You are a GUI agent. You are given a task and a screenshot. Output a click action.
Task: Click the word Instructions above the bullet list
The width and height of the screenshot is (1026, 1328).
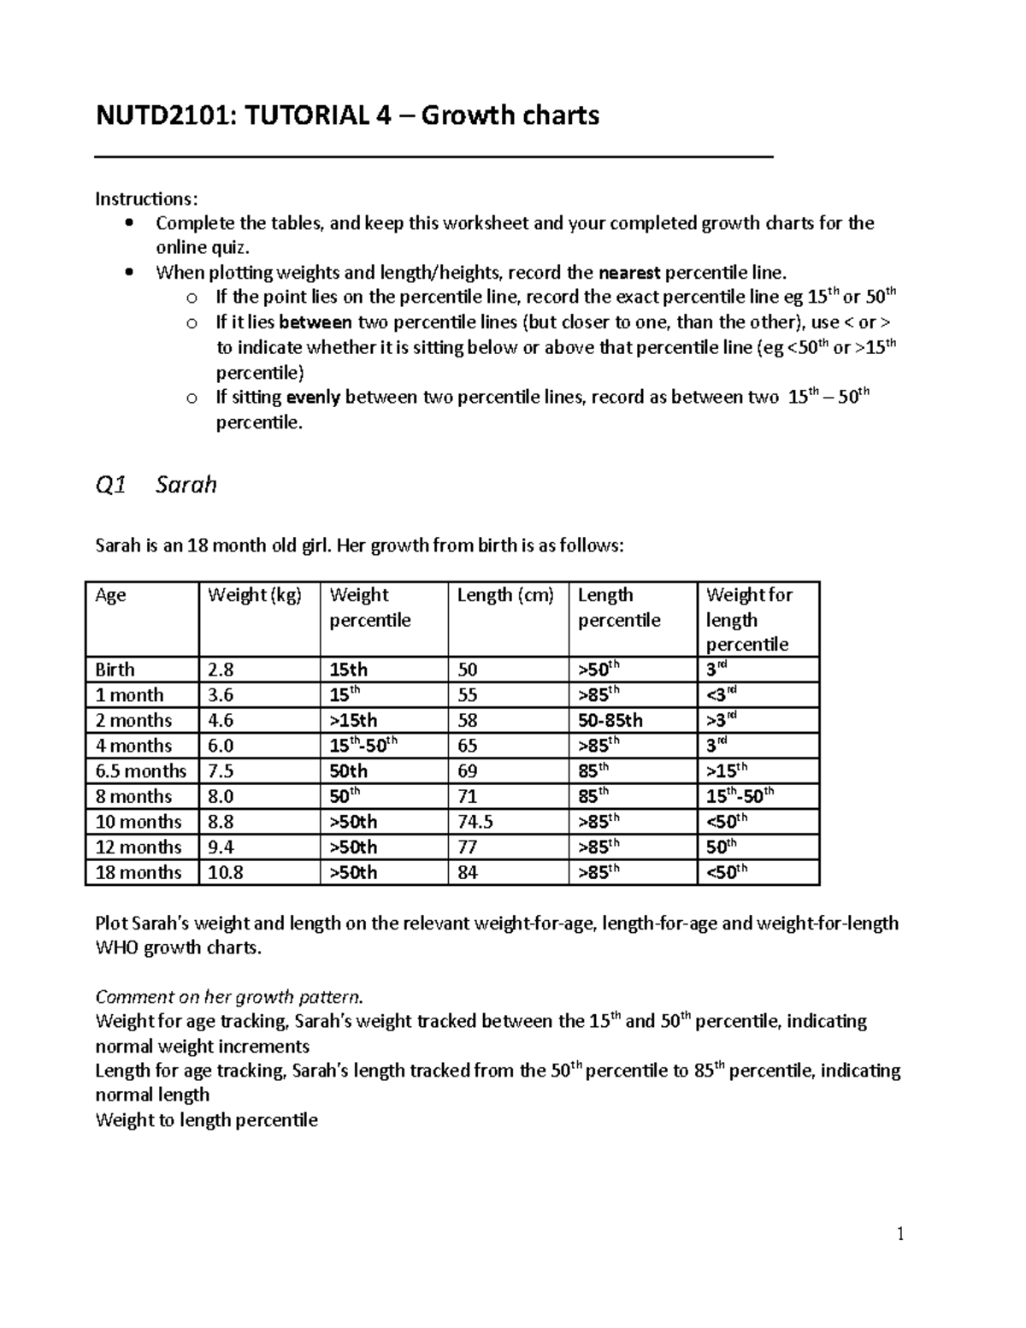click(x=145, y=199)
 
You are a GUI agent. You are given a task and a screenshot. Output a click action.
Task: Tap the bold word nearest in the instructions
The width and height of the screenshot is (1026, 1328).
click(x=629, y=273)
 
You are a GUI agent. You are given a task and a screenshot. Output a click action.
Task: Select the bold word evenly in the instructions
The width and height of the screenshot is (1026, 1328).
click(x=312, y=397)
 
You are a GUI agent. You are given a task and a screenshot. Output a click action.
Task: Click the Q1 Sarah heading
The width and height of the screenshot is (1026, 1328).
click(x=156, y=485)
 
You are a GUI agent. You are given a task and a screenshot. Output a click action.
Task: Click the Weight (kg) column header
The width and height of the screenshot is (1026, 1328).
click(x=254, y=595)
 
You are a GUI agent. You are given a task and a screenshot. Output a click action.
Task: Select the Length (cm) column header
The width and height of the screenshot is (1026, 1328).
click(x=505, y=595)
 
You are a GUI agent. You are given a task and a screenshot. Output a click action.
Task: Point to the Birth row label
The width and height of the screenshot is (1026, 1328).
click(x=115, y=670)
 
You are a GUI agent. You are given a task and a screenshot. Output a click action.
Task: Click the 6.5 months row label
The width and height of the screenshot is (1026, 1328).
click(x=141, y=771)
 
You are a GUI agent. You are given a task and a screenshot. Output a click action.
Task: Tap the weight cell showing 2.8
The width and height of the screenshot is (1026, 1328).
click(x=221, y=670)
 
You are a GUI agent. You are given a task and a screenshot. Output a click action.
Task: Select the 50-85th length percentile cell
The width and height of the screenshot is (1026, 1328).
click(x=610, y=720)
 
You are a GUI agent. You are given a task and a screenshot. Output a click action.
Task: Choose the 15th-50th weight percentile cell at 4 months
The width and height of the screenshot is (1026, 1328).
click(x=363, y=746)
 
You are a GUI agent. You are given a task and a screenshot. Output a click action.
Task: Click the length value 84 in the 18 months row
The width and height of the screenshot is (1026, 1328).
click(x=468, y=872)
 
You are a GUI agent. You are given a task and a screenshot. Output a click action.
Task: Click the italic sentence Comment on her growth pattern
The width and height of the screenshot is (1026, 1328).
click(x=229, y=997)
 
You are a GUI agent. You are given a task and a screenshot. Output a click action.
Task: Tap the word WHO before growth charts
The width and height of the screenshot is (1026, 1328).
click(x=117, y=947)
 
